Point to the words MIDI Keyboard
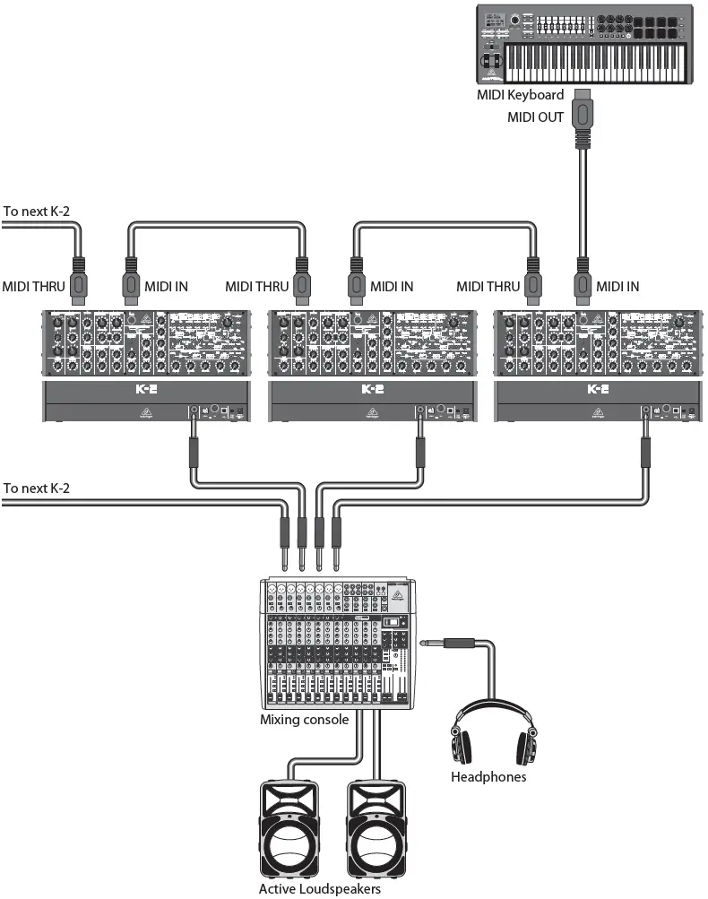point(522,94)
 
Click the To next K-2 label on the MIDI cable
point(37,212)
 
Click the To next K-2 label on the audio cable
point(37,488)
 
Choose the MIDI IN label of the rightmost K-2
point(618,287)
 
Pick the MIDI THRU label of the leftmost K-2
point(32,287)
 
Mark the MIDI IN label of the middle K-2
point(392,287)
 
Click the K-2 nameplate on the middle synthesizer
point(372,390)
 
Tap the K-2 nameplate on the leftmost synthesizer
point(147,390)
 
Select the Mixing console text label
point(304,719)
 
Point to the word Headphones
point(488,777)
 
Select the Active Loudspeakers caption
point(320,888)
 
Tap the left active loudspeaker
point(289,829)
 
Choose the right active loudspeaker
point(377,829)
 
